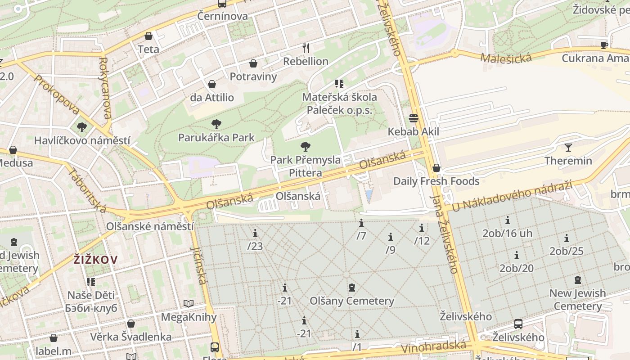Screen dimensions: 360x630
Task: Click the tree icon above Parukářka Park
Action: tap(216, 124)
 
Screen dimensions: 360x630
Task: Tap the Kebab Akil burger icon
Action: tap(414, 118)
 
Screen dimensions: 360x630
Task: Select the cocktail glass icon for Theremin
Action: tap(568, 147)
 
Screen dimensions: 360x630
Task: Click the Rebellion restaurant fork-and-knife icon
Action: tap(306, 47)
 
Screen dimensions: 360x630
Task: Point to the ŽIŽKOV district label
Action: tap(96, 259)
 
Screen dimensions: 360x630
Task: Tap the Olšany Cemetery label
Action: tap(352, 301)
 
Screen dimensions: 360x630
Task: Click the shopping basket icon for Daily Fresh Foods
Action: tap(436, 168)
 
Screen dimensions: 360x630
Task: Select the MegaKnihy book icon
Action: tap(189, 304)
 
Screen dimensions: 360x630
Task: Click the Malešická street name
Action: tap(505, 58)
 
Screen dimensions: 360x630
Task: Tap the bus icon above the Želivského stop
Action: tap(518, 324)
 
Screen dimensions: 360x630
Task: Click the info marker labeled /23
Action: tap(255, 233)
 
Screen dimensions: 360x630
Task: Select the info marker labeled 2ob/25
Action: tap(567, 238)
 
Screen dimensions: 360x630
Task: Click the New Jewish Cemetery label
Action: tap(578, 300)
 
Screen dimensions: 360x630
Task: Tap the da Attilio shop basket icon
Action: tap(212, 84)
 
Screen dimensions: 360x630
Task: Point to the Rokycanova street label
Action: tap(104, 88)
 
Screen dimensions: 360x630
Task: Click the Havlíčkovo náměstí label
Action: tap(82, 140)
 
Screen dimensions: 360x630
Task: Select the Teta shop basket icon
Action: tap(148, 36)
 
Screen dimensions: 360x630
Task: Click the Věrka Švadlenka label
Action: tap(130, 337)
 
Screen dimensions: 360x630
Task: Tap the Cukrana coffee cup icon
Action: tap(604, 45)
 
